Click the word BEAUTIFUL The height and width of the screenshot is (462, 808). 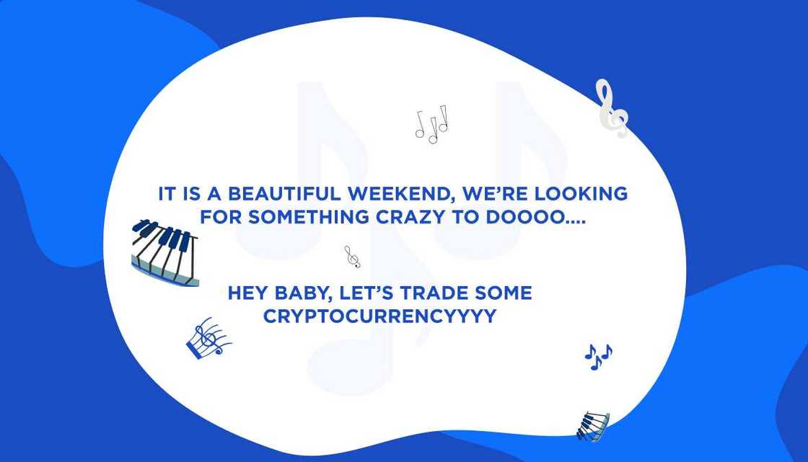(284, 194)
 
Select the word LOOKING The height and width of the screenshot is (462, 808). (581, 194)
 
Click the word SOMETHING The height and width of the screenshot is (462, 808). (309, 218)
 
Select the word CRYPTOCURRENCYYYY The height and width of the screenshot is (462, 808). (379, 316)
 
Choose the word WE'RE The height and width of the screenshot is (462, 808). (495, 194)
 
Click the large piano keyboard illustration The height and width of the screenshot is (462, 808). (165, 253)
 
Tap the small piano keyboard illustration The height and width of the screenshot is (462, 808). (592, 427)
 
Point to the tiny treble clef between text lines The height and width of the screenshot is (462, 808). (353, 257)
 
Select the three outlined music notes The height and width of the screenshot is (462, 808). (431, 124)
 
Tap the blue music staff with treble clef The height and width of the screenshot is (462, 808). (208, 338)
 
